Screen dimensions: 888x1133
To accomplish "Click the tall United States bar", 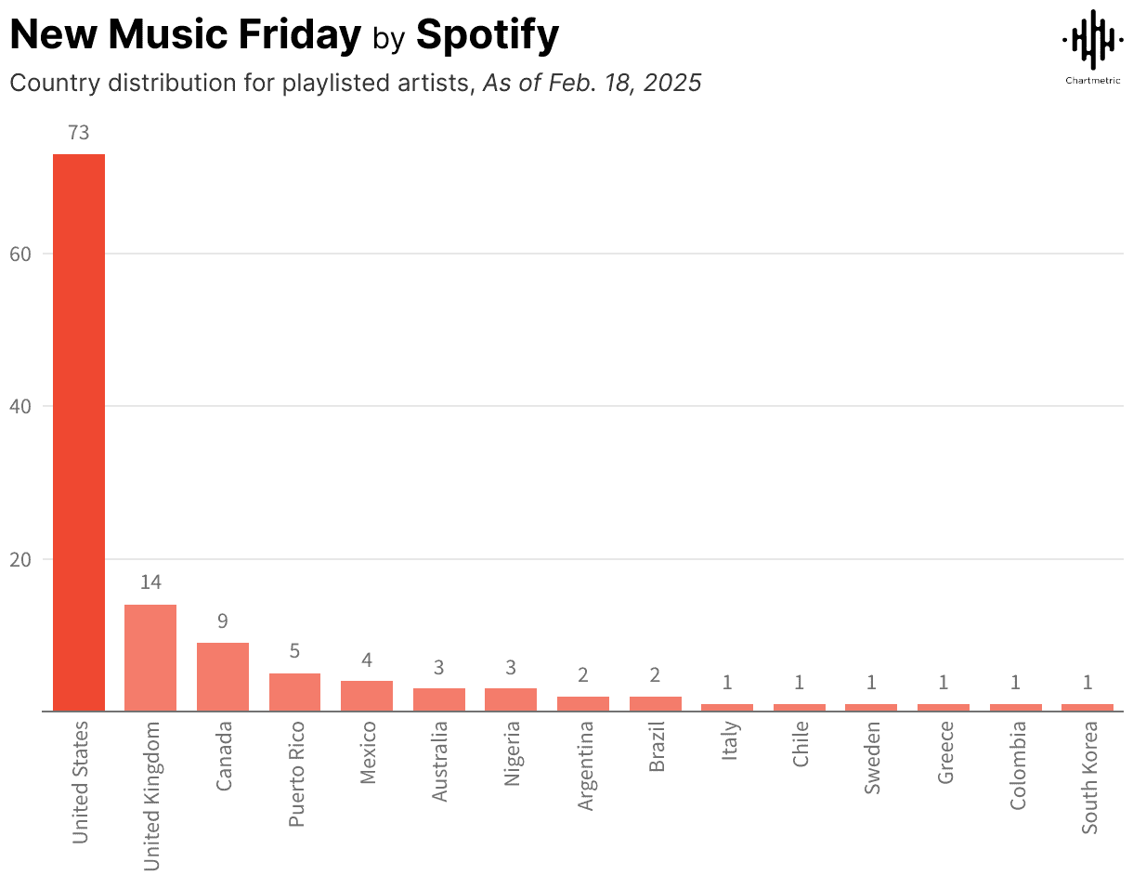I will click(79, 432).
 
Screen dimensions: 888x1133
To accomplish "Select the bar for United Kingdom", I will click(150, 658).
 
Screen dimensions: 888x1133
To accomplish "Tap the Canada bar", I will click(223, 676).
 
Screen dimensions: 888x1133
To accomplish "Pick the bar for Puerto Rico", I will click(294, 692).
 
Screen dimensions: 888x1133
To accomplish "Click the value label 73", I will click(79, 134).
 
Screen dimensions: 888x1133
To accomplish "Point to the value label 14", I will click(150, 582).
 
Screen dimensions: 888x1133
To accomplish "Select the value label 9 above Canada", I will click(223, 620).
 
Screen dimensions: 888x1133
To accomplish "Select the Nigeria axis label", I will click(512, 753).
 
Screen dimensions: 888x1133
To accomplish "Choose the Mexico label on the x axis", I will click(368, 751).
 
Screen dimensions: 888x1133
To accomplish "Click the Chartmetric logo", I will click(1091, 46).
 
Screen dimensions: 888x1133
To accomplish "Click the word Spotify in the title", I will click(488, 35).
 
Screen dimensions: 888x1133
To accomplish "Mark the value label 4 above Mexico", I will click(367, 659).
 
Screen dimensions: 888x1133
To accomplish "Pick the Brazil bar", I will click(656, 703).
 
